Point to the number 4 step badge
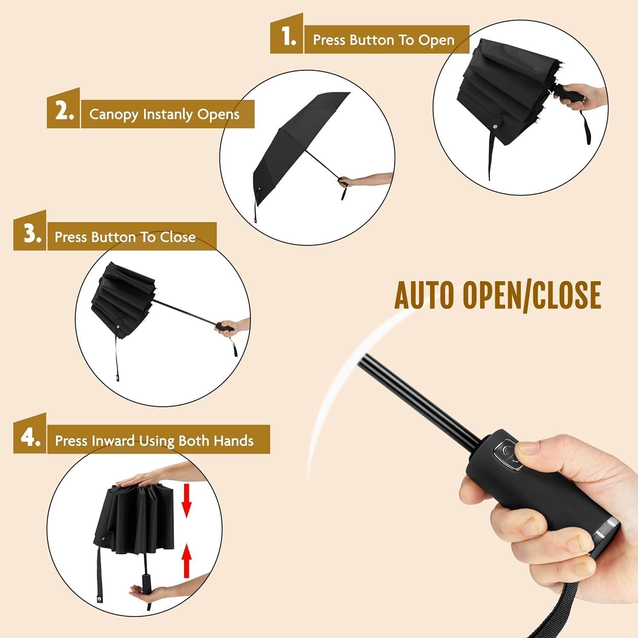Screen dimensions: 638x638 (30, 438)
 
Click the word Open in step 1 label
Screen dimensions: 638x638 (436, 40)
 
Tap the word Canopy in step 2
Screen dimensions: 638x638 (114, 114)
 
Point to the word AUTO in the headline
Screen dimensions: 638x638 (425, 295)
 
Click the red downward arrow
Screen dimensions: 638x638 (186, 502)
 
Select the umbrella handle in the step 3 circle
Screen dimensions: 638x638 (224, 328)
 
